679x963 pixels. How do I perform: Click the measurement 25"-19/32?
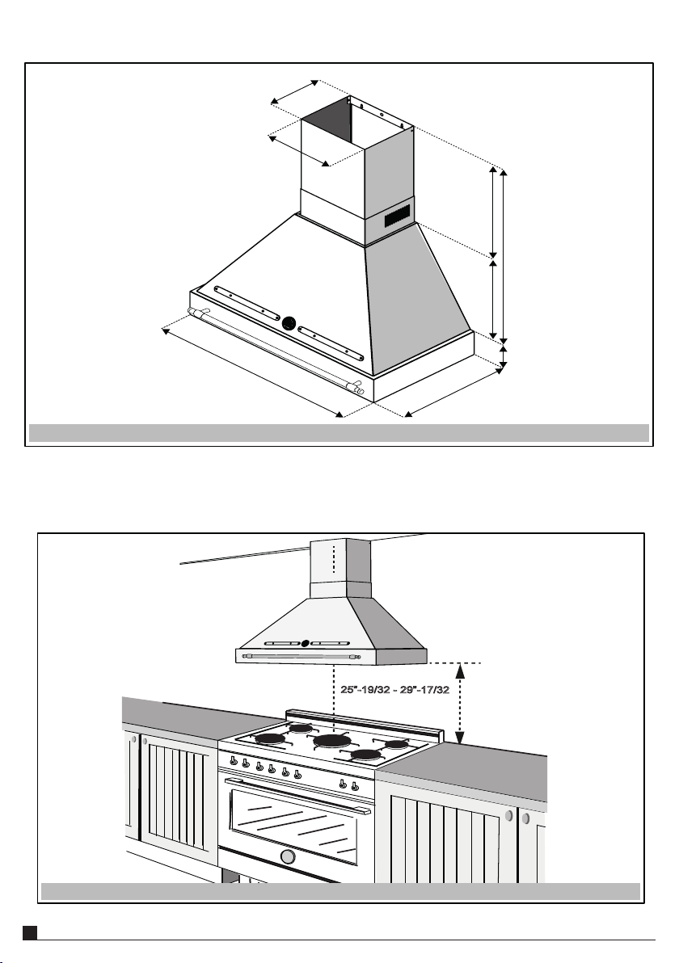click(x=365, y=689)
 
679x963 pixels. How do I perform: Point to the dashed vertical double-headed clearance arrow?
click(x=459, y=701)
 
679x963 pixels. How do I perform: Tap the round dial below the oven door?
click(x=286, y=856)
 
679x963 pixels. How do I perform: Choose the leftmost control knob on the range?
click(x=234, y=759)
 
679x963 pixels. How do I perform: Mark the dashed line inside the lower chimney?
click(x=333, y=558)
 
